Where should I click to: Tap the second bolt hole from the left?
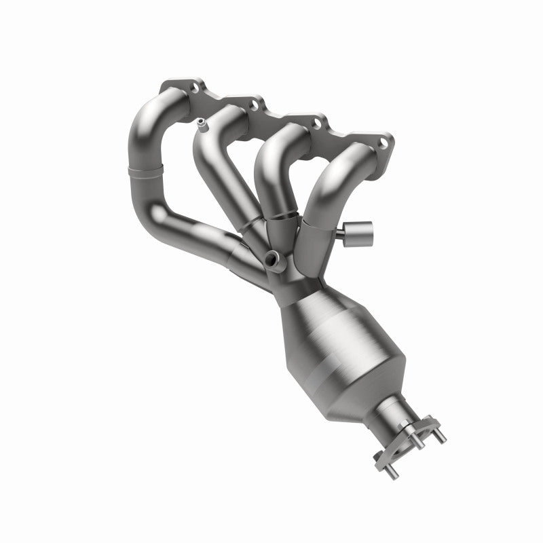[x=255, y=105]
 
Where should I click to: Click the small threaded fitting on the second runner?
[x=202, y=124]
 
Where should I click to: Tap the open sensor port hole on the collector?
[x=273, y=257]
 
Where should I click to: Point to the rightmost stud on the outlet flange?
[x=442, y=437]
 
